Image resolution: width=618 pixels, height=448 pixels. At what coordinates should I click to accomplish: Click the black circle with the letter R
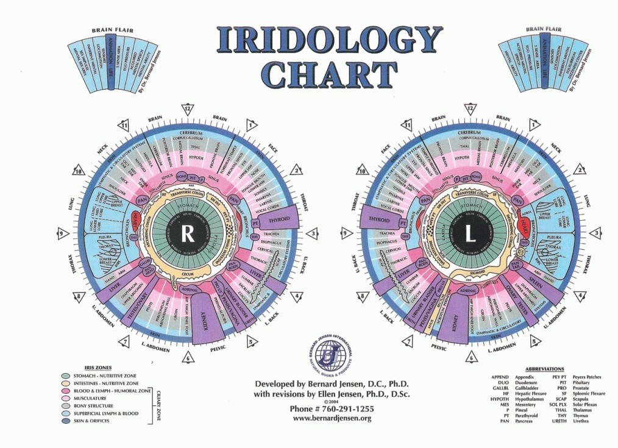pyautogui.click(x=188, y=234)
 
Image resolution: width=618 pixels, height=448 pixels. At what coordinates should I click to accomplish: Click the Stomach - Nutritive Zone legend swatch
pyautogui.click(x=65, y=376)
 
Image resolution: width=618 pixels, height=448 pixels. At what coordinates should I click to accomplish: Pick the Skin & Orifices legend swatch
pyautogui.click(x=65, y=421)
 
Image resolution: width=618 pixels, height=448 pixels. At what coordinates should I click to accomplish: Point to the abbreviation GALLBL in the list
pyautogui.click(x=500, y=391)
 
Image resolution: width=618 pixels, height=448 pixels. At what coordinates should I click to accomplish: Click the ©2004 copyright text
pyautogui.click(x=330, y=402)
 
